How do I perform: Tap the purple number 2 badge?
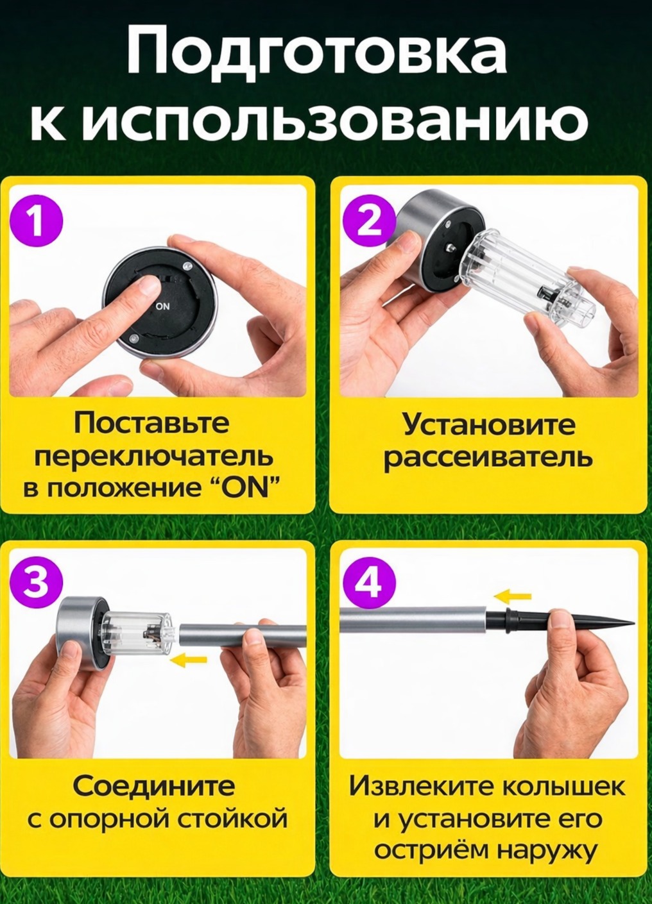coord(368,223)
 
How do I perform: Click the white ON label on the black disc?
coord(163,306)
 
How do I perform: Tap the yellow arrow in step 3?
coord(188,660)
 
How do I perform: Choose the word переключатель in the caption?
coord(154,457)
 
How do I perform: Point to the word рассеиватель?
coord(488,458)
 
